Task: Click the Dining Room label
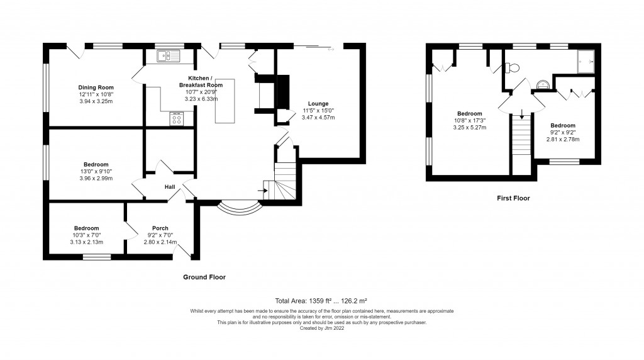click(x=96, y=87)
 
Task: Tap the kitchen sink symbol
click(x=168, y=57)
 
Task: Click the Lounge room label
click(x=318, y=104)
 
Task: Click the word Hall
click(x=170, y=187)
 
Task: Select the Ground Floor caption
click(x=204, y=277)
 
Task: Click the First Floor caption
click(x=513, y=198)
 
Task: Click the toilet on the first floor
click(x=513, y=67)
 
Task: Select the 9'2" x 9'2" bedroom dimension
click(x=562, y=132)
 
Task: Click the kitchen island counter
click(x=224, y=101)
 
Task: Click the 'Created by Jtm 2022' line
click(x=321, y=328)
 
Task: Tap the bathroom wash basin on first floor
click(x=543, y=84)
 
